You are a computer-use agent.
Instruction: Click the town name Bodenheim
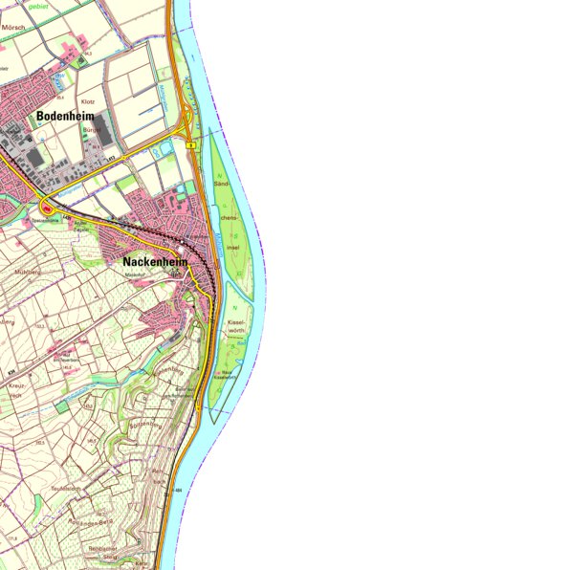point(70,117)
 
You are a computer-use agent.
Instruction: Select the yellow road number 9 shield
point(191,144)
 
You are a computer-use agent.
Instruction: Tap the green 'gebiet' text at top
point(38,5)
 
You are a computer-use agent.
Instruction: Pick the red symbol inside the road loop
point(46,208)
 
